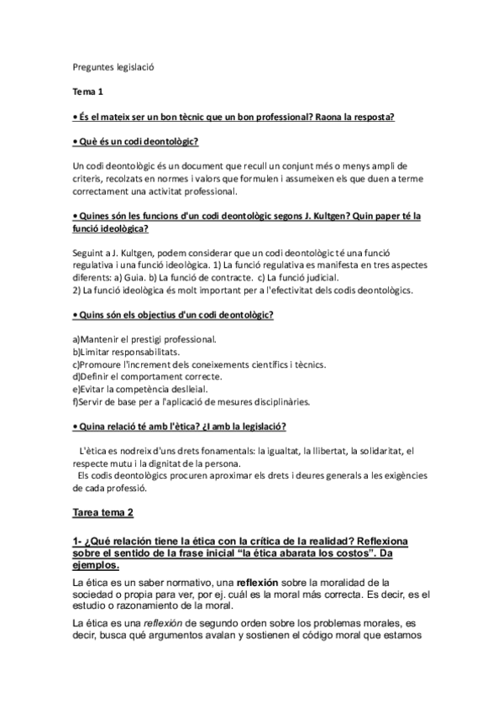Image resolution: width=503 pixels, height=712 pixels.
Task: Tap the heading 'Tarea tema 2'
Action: coord(102,511)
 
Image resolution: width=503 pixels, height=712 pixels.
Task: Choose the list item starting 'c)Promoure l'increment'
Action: coord(200,365)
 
